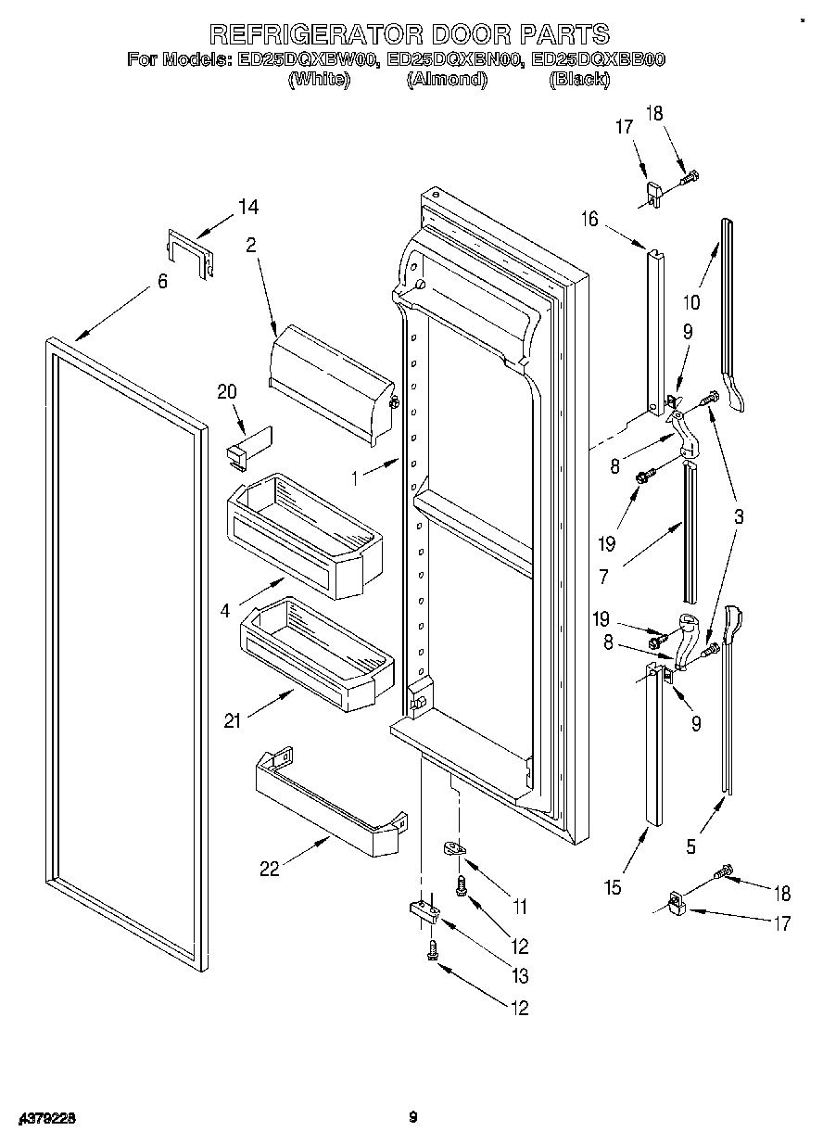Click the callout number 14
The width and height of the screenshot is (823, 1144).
click(x=248, y=207)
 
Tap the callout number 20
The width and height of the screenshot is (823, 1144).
click(x=228, y=392)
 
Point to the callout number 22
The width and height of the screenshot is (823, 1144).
click(x=270, y=869)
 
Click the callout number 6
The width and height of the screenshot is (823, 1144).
click(x=162, y=281)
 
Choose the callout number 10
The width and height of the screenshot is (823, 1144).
click(x=690, y=302)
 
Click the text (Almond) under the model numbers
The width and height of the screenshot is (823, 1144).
click(x=446, y=80)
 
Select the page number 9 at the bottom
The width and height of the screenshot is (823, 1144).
click(x=413, y=1117)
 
